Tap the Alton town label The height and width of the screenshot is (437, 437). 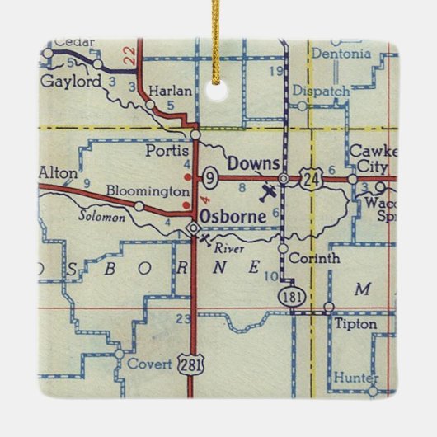[58, 173]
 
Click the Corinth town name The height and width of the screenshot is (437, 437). [317, 258]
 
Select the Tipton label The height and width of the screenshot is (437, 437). [355, 325]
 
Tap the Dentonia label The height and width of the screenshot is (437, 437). [341, 54]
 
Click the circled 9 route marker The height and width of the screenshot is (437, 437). [210, 176]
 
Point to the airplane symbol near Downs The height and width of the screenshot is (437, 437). [268, 193]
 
